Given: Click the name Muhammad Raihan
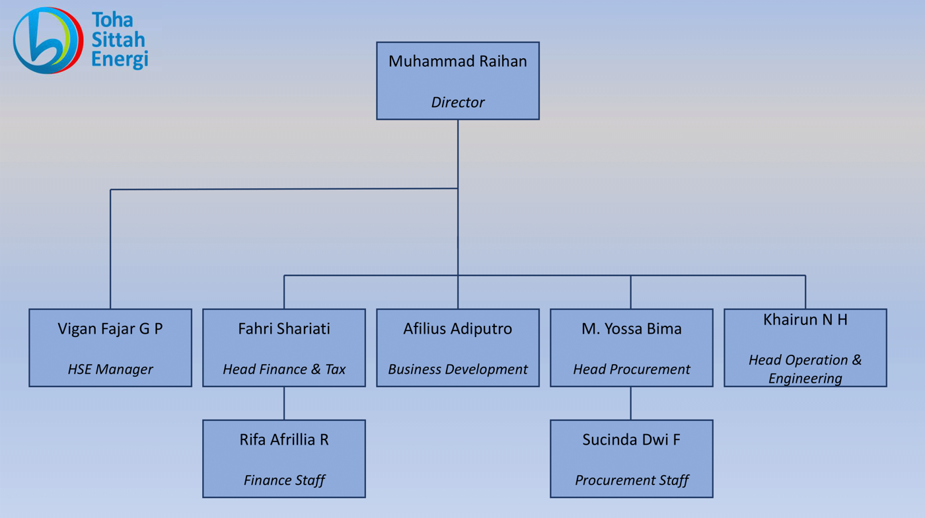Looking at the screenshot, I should point(457,61).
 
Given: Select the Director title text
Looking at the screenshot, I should point(457,102).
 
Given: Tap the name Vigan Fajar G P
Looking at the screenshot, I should point(110,329).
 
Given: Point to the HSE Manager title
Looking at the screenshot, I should point(110,369).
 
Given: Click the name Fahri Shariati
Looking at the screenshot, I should point(284,329).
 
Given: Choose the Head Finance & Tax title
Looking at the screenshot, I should point(284,369).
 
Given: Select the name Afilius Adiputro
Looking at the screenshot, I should point(457,329).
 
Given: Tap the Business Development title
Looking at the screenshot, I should point(457,369).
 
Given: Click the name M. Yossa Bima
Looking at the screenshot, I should point(631,329).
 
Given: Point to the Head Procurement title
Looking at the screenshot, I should point(631,369).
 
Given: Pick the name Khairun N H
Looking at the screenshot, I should point(805,320).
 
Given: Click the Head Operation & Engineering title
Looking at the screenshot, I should point(805,369).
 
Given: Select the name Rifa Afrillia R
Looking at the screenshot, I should point(284,440).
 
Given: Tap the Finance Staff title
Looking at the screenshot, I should point(284,480).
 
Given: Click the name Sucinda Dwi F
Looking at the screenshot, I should point(631,440).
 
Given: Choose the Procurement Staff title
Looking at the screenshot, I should point(631,480).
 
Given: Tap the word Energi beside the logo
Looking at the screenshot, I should point(120,59).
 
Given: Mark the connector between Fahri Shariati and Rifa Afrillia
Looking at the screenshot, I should point(284,403).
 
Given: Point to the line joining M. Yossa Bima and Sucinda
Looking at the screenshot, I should point(631,403).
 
